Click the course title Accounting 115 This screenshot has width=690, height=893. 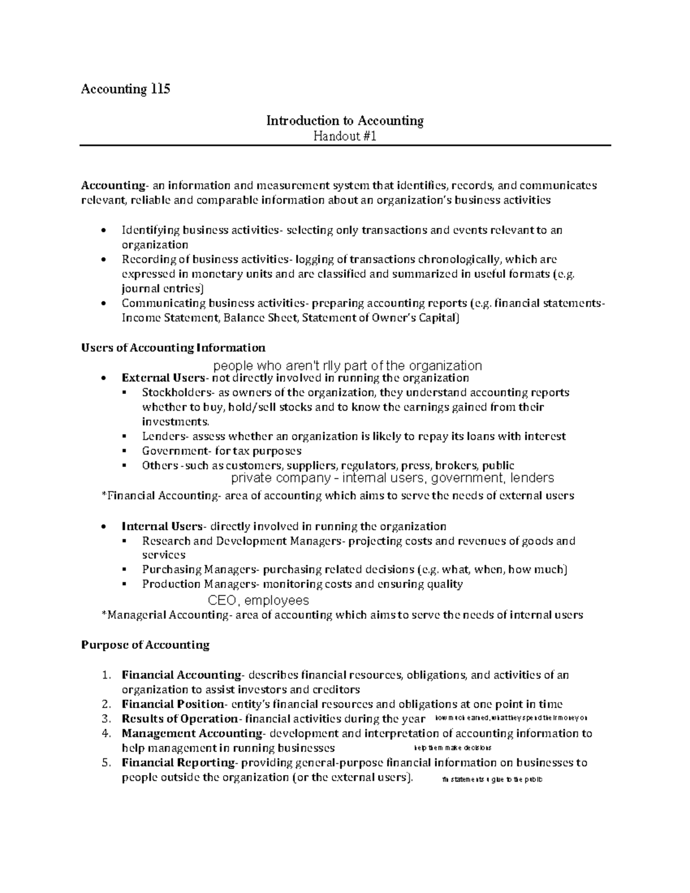tap(125, 89)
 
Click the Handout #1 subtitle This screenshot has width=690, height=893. tap(344, 136)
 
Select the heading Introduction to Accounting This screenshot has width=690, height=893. tap(344, 121)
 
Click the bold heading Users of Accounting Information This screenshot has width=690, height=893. tap(173, 347)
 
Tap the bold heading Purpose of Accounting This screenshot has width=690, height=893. tap(145, 645)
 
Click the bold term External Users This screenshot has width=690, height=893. tap(163, 378)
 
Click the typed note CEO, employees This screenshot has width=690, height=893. tap(258, 600)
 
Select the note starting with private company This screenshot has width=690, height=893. tap(392, 478)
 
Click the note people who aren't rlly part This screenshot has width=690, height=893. tap(347, 366)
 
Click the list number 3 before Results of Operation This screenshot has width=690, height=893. tap(105, 719)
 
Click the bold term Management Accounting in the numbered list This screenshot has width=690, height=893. tap(191, 734)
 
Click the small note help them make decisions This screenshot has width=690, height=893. tap(453, 748)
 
